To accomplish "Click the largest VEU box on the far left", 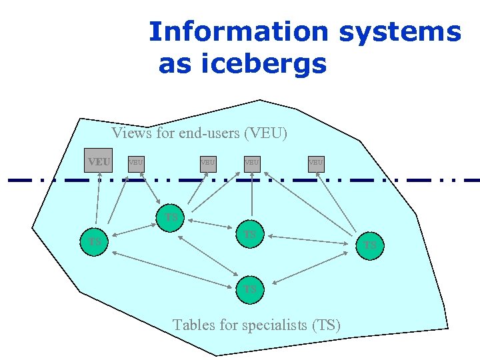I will pos(99,161).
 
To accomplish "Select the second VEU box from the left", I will pos(135,162).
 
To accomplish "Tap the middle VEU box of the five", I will pos(208,162).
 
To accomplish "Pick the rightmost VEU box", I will pos(315,162).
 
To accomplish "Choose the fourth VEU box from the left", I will pos(251,162).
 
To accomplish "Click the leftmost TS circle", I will pos(95,241).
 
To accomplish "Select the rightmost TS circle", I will pos(370,245).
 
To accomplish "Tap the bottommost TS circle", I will pos(250,289).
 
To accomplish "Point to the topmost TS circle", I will pos(171,217).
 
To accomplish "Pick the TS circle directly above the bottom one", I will pos(250,235).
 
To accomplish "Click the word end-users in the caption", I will pos(209,133).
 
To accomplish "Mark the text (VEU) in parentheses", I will pos(266,133).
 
